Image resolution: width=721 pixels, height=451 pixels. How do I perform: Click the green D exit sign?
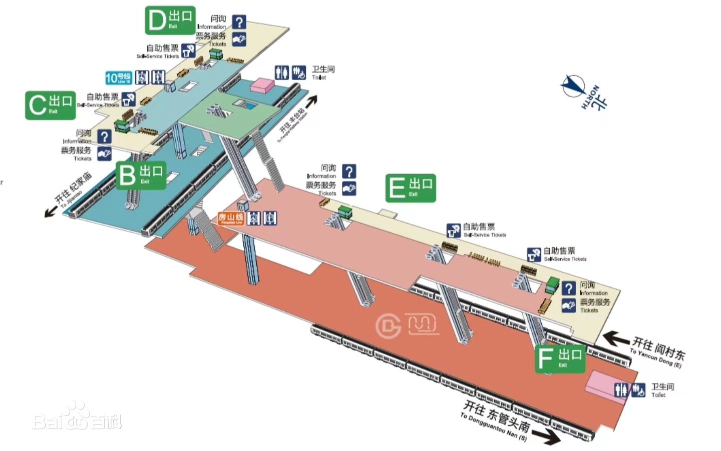coord(170,20)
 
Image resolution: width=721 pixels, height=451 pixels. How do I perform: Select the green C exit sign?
coord(50,105)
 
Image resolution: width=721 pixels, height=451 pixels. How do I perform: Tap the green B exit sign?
coord(141,175)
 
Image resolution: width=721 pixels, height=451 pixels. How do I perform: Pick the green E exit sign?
coord(410,188)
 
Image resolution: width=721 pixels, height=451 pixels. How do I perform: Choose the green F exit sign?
coord(560,358)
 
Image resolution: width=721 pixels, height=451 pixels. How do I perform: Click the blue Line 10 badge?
coord(118,77)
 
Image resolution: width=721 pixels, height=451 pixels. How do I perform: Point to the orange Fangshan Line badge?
coord(230,218)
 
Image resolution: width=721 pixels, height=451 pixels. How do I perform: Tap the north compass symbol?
coord(573,86)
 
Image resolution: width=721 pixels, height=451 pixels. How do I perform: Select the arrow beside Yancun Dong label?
coord(616,339)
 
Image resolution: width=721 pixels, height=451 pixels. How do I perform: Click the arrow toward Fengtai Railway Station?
coord(311,101)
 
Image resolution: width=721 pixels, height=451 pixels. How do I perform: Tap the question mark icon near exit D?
coord(239,21)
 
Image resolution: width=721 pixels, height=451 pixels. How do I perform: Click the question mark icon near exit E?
coord(349,171)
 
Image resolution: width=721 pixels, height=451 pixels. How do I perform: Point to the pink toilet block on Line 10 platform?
coord(262,85)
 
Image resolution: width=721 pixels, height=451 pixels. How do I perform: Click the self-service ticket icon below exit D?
coord(188,50)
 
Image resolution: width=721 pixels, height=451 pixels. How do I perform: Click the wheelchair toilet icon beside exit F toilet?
coord(638,390)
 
